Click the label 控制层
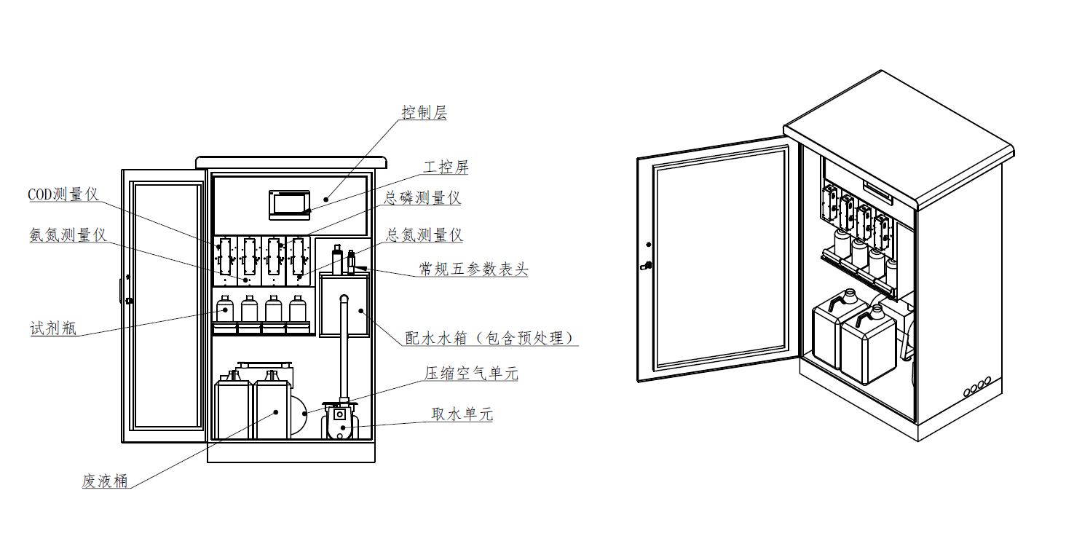pyautogui.click(x=424, y=113)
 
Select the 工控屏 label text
pyautogui.click(x=446, y=167)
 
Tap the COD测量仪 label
pyautogui.click(x=63, y=194)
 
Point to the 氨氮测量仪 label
pyautogui.click(x=68, y=235)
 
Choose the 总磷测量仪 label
pyautogui.click(x=422, y=198)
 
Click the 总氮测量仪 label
pyautogui.click(x=424, y=235)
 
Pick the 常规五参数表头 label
pyautogui.click(x=473, y=269)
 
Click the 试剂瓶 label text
pyautogui.click(x=52, y=328)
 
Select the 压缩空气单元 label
pyautogui.click(x=471, y=374)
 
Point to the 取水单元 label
pyautogui.click(x=462, y=414)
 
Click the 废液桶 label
pyautogui.click(x=105, y=481)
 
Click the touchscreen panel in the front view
pyautogui.click(x=290, y=204)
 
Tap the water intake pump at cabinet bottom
pyautogui.click(x=339, y=422)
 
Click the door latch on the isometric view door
pyautogui.click(x=644, y=265)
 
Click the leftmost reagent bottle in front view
pyautogui.click(x=225, y=309)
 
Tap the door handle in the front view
pyautogui.click(x=128, y=300)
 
